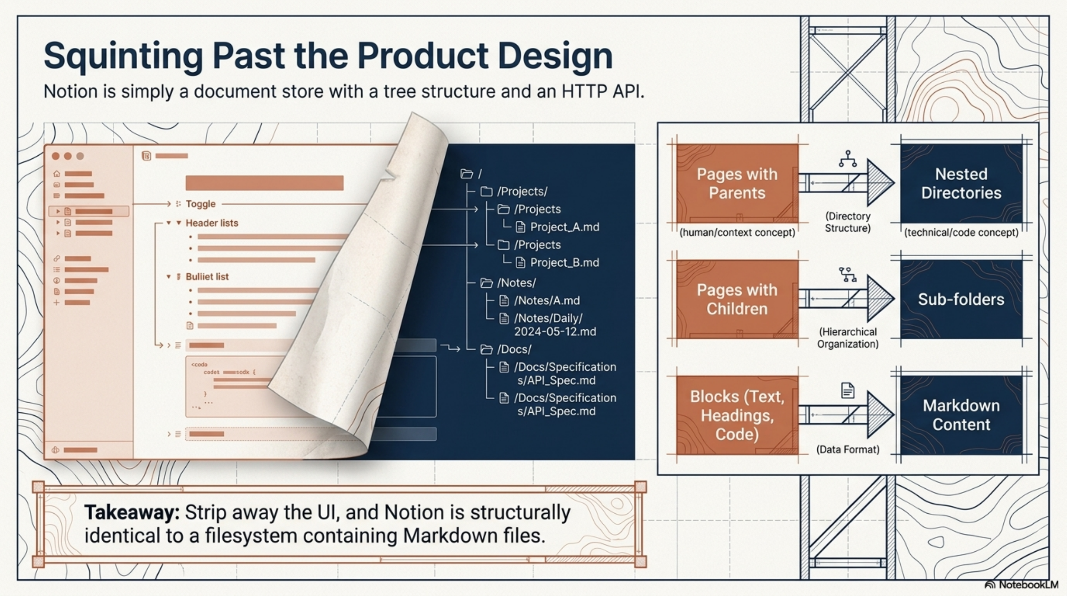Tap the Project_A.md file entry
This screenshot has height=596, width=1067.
tap(564, 227)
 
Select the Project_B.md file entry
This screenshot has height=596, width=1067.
tap(564, 263)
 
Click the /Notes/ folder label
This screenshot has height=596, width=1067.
tap(516, 283)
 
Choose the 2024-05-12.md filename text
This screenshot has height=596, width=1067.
tap(555, 332)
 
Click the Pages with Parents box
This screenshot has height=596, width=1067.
tap(737, 184)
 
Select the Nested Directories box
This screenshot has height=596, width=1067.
tap(961, 184)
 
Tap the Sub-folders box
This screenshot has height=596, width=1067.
tap(961, 299)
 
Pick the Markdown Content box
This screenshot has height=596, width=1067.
tap(961, 415)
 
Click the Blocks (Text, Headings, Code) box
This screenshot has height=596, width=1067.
tap(737, 415)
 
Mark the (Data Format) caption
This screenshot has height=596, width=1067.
tap(847, 450)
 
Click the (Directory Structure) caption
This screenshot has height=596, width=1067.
tap(847, 222)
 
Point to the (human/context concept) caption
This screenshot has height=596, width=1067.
tap(737, 232)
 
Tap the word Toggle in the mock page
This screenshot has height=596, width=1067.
tap(201, 204)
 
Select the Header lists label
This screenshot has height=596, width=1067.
tap(212, 223)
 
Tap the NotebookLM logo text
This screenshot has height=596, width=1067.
tap(1028, 585)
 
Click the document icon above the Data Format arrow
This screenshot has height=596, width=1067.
tap(847, 390)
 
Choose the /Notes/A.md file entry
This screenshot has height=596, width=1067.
tap(547, 301)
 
